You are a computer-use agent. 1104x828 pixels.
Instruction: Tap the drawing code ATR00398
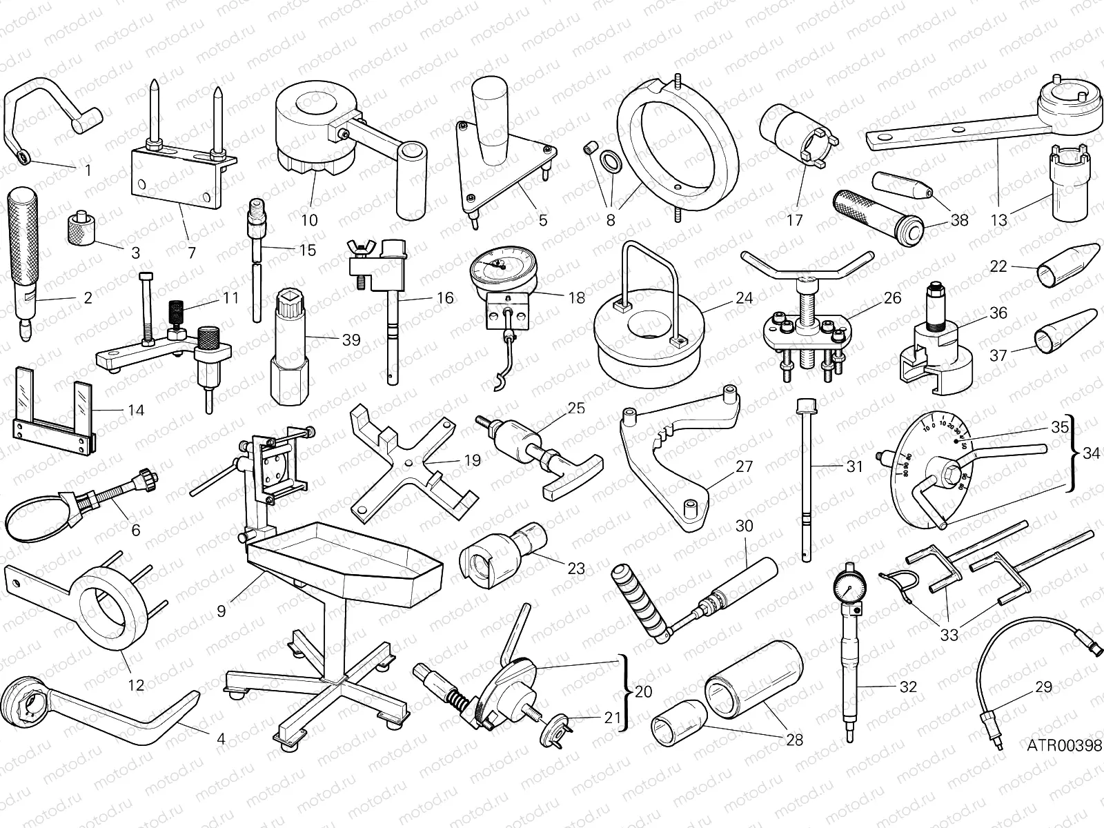click(1063, 746)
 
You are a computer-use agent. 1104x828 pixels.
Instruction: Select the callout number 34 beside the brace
click(1091, 453)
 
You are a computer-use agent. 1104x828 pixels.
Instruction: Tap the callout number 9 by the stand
click(221, 611)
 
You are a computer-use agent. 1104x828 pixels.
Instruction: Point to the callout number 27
click(744, 466)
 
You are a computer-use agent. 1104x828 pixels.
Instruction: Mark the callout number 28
click(795, 739)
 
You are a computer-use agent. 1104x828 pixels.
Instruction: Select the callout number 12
click(136, 684)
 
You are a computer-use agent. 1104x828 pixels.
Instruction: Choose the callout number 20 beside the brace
click(642, 691)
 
